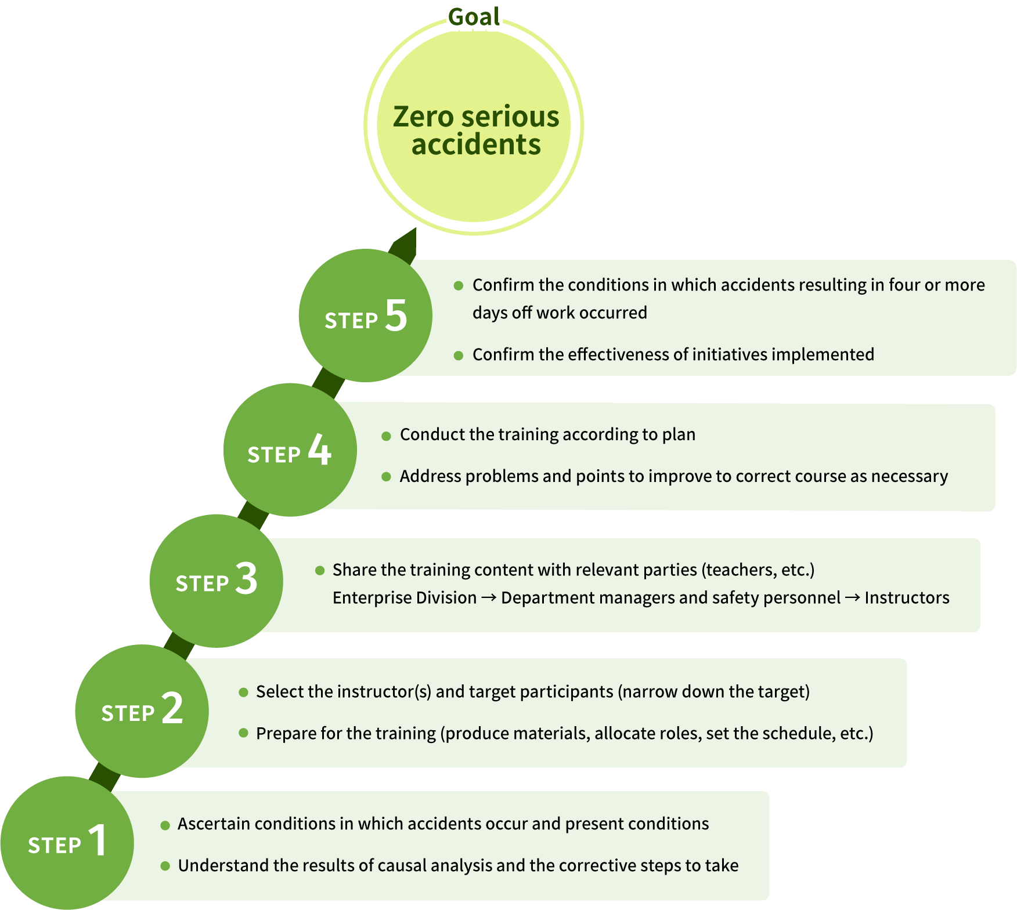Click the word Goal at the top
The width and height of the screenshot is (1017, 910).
coord(474,16)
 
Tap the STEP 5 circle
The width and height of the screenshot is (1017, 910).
coord(365,316)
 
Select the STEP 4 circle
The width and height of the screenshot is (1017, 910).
coord(290,450)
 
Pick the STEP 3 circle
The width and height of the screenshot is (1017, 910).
coord(216,581)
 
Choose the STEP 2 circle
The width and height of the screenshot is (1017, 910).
coord(142,711)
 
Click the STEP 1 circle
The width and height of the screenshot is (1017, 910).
coord(67,842)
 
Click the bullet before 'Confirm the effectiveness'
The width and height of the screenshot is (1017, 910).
coord(459,355)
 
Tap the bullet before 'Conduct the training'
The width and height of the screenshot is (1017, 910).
coord(386,436)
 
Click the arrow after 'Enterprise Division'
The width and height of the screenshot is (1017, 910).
coord(489,597)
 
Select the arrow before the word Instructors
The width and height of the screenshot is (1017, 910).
coord(852,597)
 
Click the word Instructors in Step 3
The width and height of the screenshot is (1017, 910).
coord(907,597)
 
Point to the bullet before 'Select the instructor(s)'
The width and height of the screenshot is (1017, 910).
coord(244,692)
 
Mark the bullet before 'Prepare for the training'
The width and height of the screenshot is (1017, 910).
coord(244,733)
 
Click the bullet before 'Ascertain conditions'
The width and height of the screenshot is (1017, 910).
coord(165,825)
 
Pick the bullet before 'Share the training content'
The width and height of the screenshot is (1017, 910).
coord(319,570)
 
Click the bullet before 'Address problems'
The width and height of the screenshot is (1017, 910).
coord(386,477)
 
